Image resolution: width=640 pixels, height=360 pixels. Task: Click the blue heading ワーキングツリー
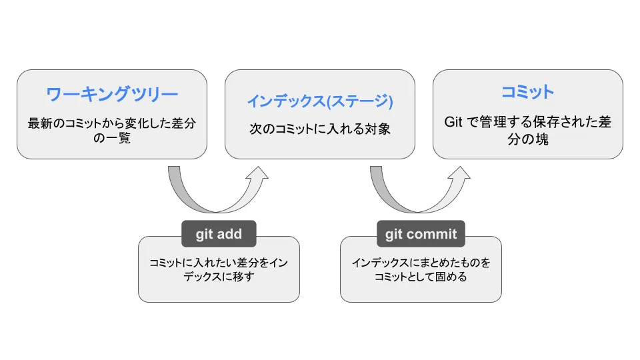click(x=112, y=94)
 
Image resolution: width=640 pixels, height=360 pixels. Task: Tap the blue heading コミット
click(x=527, y=92)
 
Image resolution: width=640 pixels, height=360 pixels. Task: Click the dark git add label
click(x=219, y=234)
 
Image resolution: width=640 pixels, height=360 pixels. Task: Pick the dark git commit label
click(x=421, y=234)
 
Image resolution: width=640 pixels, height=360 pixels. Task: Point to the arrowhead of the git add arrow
click(x=256, y=175)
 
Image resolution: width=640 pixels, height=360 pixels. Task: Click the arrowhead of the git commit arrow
click(x=458, y=175)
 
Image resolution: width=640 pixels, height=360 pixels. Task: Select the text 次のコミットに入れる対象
click(x=319, y=129)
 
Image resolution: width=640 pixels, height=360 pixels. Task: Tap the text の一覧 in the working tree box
click(x=112, y=139)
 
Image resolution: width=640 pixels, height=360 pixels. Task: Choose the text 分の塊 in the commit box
click(x=527, y=140)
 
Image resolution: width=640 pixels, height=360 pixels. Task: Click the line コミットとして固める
click(x=421, y=277)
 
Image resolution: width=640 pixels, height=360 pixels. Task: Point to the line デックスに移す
click(x=219, y=277)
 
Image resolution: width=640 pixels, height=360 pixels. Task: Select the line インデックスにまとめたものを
click(x=421, y=263)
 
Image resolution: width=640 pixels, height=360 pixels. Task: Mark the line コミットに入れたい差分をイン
click(x=219, y=263)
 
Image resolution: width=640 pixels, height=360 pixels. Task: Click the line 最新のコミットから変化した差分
click(x=112, y=124)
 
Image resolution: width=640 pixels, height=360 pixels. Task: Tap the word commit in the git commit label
click(x=431, y=234)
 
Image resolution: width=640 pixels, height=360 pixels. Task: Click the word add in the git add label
click(x=229, y=234)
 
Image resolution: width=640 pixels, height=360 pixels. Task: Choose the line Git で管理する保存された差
click(x=527, y=123)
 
